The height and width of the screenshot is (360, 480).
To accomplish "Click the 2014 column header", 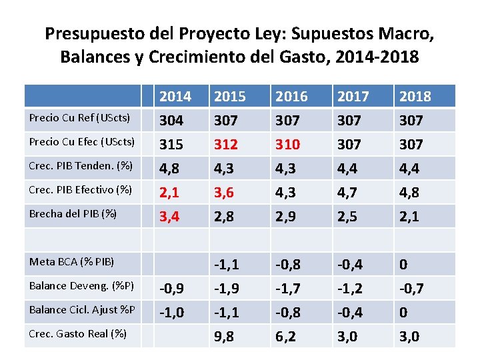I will [175, 97].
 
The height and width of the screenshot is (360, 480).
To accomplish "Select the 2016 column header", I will [292, 97].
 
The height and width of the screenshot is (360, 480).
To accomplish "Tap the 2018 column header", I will [415, 97].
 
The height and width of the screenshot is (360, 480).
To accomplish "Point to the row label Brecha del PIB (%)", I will [64, 214].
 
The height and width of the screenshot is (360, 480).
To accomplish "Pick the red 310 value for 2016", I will [287, 145].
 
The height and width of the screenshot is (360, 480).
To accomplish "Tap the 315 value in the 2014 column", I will [171, 145].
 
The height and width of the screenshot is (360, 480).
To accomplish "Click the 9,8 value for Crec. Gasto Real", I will [224, 337].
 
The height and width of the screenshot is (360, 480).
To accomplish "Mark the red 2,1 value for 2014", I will [170, 193].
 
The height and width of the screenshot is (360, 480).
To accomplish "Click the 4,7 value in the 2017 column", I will [348, 193].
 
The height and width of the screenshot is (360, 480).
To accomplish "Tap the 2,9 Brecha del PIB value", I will [287, 217].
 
